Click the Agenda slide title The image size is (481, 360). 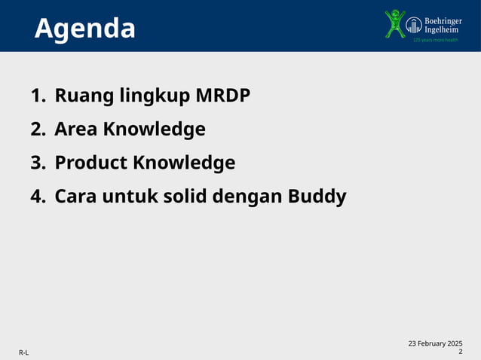pos(85,29)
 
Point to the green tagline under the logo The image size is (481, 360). pos(435,39)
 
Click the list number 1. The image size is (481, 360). pos(37,96)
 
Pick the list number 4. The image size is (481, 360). pos(38,197)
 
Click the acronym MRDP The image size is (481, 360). pos(223,96)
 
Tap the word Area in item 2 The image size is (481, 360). pos(76,130)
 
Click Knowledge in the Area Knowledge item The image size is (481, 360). pos(154,130)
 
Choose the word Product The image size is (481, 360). pos(91,163)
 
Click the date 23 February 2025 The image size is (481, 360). pos(435,343)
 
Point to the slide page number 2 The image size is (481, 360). pos(460,352)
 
